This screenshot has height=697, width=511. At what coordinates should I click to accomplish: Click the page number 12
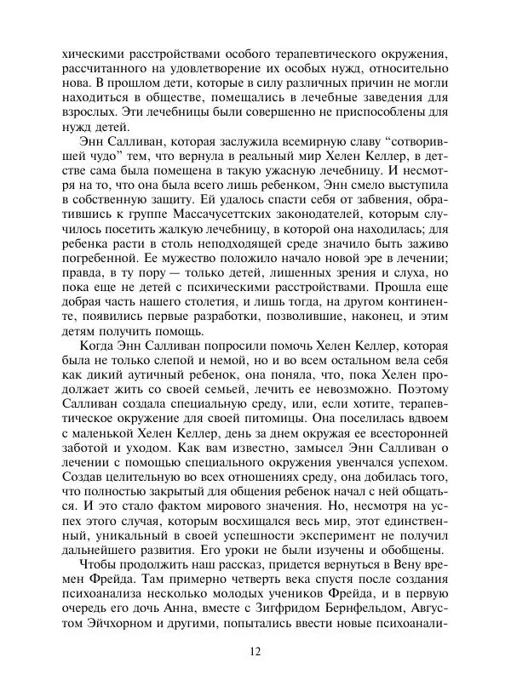(255, 652)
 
